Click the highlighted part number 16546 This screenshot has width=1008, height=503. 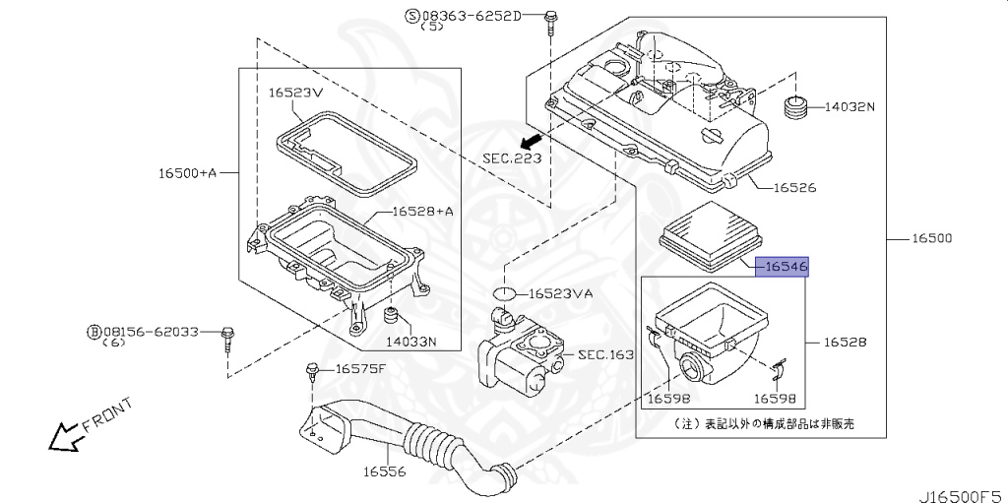pos(782,266)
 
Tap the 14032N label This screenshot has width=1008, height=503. pos(849,106)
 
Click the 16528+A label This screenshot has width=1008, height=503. pos(422,211)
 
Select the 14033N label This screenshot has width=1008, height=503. pos(410,342)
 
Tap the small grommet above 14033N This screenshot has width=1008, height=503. pos(391,317)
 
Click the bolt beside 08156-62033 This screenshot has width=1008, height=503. pos(228,336)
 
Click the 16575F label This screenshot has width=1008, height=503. pos(362,369)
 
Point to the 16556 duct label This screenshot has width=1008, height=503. pos(385,472)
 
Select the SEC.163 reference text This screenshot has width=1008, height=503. pos(604,354)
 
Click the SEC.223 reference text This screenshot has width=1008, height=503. pos(511,157)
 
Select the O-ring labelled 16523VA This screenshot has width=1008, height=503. pos(504,293)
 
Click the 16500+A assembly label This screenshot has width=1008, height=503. pos(187,173)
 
